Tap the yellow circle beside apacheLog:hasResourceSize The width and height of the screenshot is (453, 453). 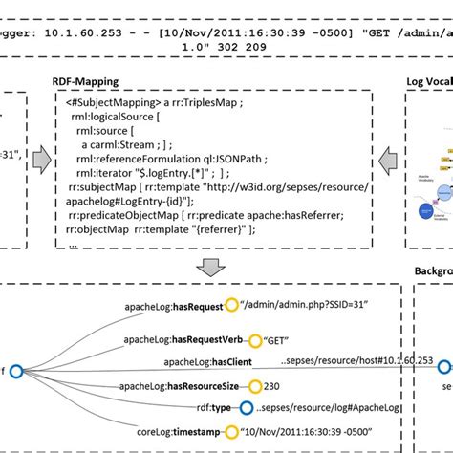[254, 387]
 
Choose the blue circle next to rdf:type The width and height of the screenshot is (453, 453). [248, 408]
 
